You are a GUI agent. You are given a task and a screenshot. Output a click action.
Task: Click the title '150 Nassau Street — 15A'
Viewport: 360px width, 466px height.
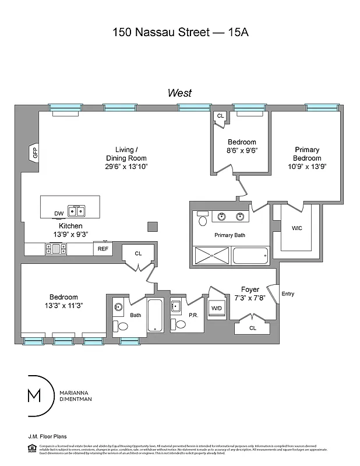pos(180,33)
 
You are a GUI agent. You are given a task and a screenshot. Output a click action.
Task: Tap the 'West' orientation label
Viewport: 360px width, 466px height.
pos(179,93)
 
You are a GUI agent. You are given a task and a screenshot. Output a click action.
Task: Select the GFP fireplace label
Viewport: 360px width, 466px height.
pos(35,154)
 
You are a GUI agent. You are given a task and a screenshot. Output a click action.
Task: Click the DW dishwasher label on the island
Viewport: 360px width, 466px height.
pos(59,214)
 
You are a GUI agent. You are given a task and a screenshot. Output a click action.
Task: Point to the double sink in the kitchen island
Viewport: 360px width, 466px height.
pos(76,211)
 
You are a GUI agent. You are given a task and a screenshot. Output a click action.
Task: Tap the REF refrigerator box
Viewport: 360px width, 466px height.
pos(103,249)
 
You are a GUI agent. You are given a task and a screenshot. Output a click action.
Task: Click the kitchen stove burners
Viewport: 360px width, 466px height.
pos(56,249)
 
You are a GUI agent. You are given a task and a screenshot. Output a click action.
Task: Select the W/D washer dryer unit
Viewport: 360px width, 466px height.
pos(217,308)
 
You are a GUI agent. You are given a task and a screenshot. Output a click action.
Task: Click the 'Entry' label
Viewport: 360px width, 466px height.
pos(288,294)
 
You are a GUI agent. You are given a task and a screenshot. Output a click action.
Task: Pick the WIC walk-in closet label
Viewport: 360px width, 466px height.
pos(297,228)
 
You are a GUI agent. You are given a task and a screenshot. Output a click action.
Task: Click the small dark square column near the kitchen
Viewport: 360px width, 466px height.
pos(152,227)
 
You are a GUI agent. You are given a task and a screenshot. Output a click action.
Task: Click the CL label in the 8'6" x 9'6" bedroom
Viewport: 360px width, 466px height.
pos(220,116)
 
